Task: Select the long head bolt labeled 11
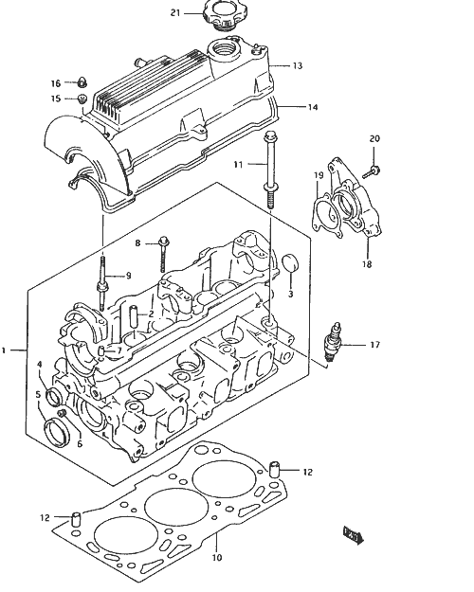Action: pos(270,170)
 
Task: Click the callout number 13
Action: pos(298,65)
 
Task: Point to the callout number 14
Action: pos(313,107)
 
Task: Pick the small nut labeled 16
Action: pos(82,81)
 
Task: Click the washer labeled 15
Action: pos(82,99)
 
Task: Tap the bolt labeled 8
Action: pos(164,254)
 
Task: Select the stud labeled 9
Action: pos(102,283)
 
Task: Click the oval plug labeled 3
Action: pos(291,262)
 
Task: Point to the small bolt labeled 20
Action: pos(372,171)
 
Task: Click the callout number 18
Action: pos(367,264)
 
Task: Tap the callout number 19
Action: pos(319,175)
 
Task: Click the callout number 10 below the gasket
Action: pos(216,558)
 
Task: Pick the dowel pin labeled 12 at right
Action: pos(274,469)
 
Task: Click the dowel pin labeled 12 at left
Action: pos(77,519)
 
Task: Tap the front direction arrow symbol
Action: pos(353,535)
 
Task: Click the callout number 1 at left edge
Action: pos(4,350)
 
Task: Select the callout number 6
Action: pos(80,444)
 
